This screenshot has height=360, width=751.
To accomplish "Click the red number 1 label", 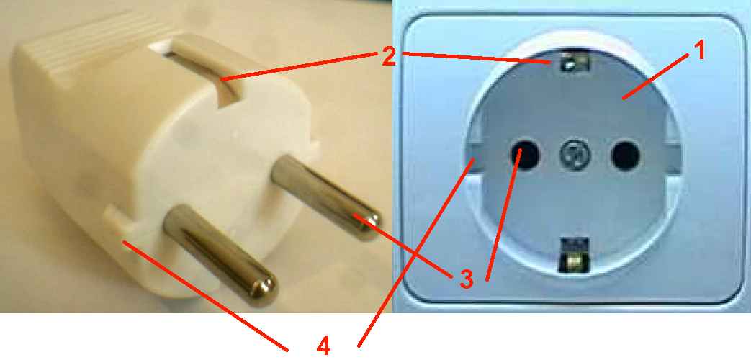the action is pos(699,50).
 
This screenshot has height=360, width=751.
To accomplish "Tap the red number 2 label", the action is pos(388,56).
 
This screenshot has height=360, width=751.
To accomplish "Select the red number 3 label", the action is pos(466,280).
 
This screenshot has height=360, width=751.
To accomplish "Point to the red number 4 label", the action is pos(324,346).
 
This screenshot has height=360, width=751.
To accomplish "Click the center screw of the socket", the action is pos(575,155).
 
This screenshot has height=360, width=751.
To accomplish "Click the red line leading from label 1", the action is pos(656,76).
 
